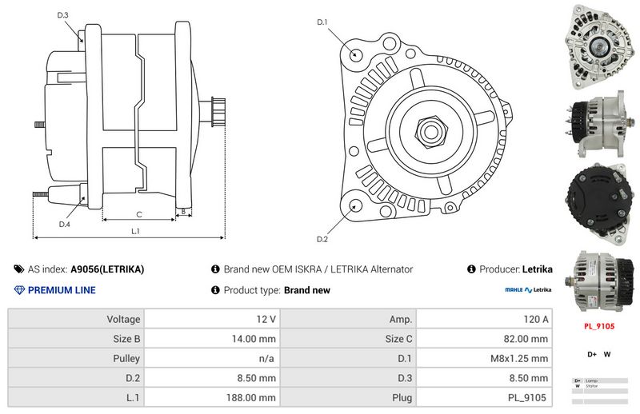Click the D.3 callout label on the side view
click(63, 15)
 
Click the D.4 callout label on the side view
click(65, 225)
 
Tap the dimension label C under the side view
click(139, 213)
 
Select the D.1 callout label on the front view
click(323, 22)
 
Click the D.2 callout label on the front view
click(322, 239)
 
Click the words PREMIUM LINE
click(61, 290)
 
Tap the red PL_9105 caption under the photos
click(599, 326)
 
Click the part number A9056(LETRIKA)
click(107, 269)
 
